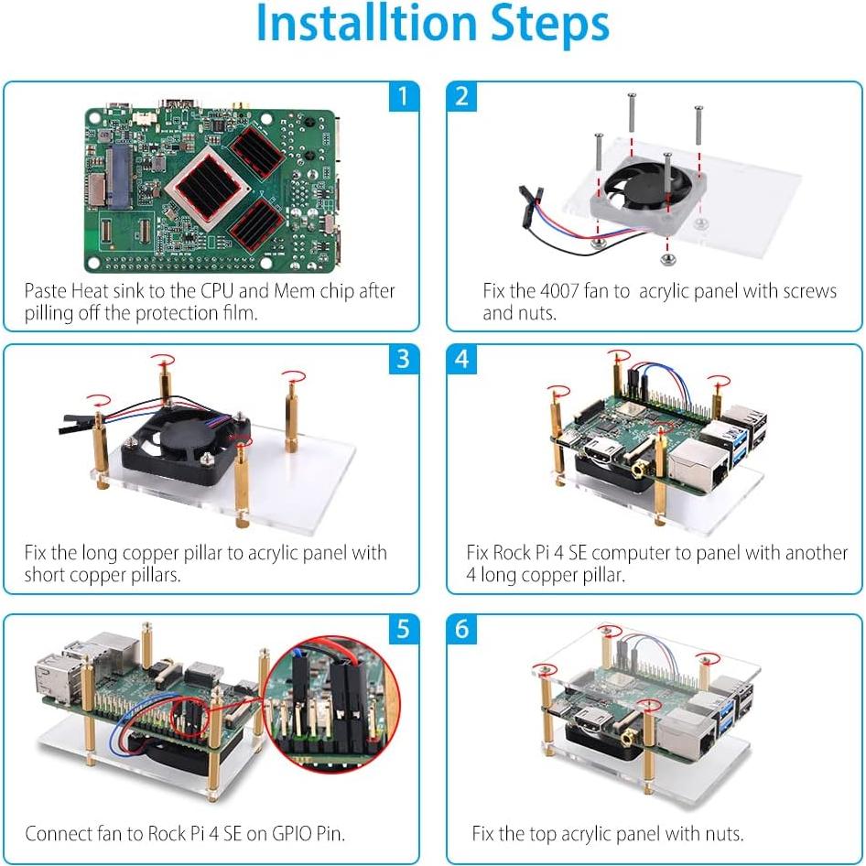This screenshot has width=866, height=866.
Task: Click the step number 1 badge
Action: pos(403,95)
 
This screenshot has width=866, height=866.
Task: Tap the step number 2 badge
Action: pos(462,95)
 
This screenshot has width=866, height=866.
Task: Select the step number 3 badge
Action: pos(403,359)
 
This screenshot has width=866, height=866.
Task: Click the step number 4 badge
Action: pos(462,359)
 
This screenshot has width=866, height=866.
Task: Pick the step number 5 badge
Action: pos(403,629)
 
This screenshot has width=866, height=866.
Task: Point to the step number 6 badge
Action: pos(462,629)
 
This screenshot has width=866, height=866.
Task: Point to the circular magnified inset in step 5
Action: pos(327,709)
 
